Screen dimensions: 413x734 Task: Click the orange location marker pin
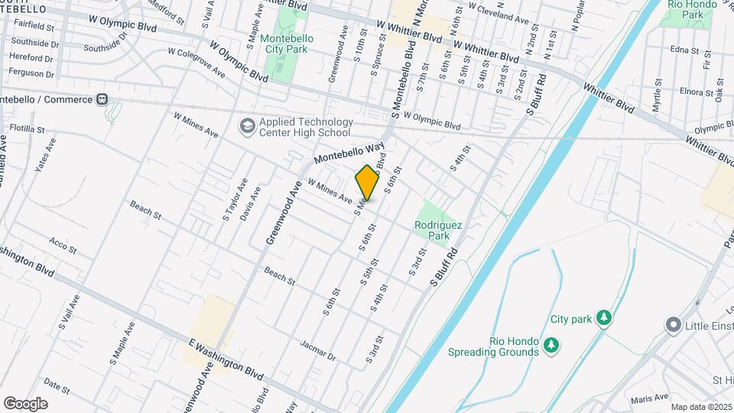click(x=368, y=183)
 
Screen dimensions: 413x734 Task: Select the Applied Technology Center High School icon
click(x=247, y=125)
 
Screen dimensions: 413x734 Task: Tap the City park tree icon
click(x=604, y=317)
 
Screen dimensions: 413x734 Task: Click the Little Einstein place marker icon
click(x=673, y=325)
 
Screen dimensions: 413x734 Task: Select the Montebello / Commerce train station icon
click(x=102, y=100)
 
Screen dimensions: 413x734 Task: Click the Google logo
click(x=25, y=404)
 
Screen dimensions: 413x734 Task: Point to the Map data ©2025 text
click(x=701, y=407)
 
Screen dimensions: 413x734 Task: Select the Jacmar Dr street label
click(x=318, y=350)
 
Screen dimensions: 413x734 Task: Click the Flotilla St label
click(x=28, y=129)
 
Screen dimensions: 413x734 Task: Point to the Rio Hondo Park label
click(x=692, y=10)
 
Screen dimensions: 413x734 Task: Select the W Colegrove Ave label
click(x=200, y=63)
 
